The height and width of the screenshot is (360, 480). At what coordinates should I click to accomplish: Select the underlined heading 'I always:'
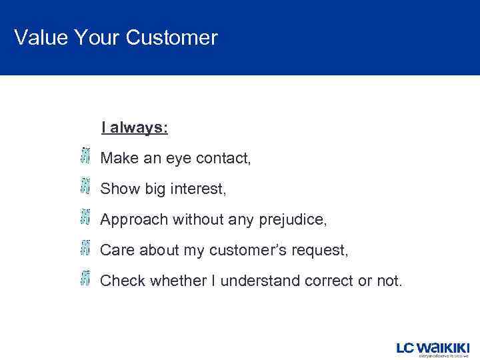tap(135, 127)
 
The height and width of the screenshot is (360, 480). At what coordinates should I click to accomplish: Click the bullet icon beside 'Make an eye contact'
tap(85, 156)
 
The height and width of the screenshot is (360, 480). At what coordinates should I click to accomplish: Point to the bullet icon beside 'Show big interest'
tap(85, 187)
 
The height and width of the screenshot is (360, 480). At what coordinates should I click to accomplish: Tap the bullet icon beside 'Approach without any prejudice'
tap(85, 217)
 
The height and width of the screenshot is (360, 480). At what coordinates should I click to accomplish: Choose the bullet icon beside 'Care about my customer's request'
tap(85, 248)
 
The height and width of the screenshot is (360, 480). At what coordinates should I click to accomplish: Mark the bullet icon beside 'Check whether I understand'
tap(85, 279)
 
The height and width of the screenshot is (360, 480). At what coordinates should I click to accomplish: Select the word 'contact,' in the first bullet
tap(225, 159)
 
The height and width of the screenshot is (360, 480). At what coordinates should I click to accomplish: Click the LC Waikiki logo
tap(433, 349)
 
